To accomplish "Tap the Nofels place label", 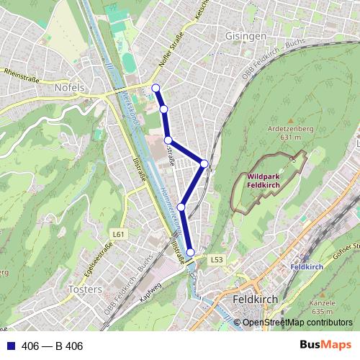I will pos(69,87).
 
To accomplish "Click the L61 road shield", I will pos(119,234).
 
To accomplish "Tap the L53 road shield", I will pos(217,259).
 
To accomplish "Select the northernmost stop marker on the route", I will pos(156,89).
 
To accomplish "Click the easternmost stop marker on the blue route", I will pos(204,164).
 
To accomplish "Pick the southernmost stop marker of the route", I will pos(191,252).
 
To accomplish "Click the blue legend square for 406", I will pos(9,346).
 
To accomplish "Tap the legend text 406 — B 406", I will pos(51,346).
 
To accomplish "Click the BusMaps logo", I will pos(326,346).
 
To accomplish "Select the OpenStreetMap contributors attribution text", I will pos(297,323).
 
